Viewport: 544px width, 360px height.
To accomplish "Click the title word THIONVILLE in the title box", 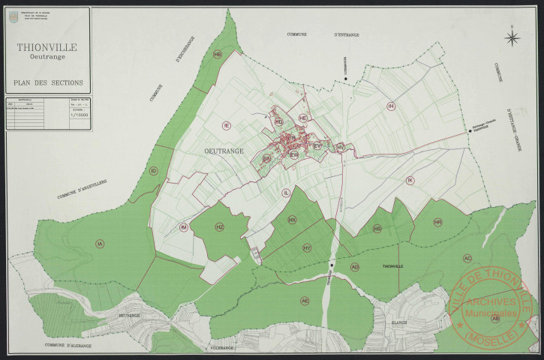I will pyautogui.click(x=47, y=46).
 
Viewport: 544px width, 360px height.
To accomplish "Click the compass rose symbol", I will pyautogui.click(x=512, y=37).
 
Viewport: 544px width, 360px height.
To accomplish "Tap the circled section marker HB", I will pyautogui.click(x=218, y=55).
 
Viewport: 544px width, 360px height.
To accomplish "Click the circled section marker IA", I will pyautogui.click(x=100, y=243).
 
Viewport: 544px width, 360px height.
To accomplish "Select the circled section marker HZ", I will pyautogui.click(x=220, y=226).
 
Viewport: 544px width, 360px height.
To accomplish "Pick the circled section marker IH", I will pyautogui.click(x=391, y=106).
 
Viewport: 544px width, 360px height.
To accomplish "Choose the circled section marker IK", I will pyautogui.click(x=410, y=181).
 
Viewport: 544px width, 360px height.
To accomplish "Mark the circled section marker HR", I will pyautogui.click(x=438, y=223).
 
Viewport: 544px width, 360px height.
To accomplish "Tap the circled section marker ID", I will pyautogui.click(x=154, y=171).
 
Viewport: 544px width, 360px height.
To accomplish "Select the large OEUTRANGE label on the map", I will pyautogui.click(x=224, y=151).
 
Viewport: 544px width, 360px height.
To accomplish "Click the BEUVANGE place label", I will pyautogui.click(x=129, y=316).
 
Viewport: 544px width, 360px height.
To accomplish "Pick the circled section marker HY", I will pyautogui.click(x=307, y=247).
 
